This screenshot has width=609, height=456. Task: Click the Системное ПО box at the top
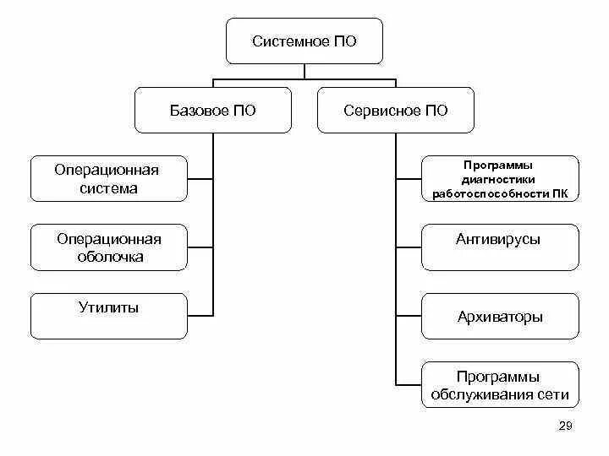pyautogui.click(x=304, y=41)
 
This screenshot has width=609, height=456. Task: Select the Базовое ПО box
pyautogui.click(x=213, y=111)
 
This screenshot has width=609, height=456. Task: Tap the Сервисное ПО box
pyautogui.click(x=396, y=111)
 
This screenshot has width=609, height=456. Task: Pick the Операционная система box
pyautogui.click(x=108, y=178)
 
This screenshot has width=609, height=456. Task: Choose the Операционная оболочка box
pyautogui.click(x=108, y=247)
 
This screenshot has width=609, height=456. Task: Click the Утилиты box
pyautogui.click(x=108, y=316)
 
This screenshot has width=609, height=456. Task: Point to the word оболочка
pyautogui.click(x=108, y=257)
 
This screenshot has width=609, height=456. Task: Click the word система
pyautogui.click(x=108, y=188)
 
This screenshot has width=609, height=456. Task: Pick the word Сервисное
pyautogui.click(x=381, y=111)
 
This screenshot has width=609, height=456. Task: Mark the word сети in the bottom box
pyautogui.click(x=553, y=394)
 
